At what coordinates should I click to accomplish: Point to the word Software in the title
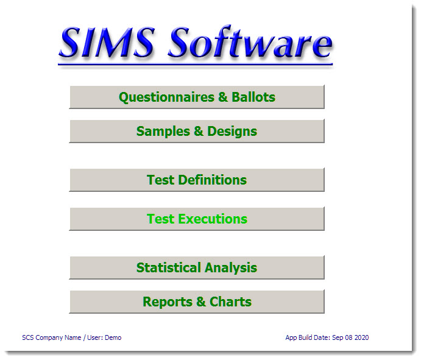250,43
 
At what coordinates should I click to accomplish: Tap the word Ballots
253,97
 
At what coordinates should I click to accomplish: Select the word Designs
232,131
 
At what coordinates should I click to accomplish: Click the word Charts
230,302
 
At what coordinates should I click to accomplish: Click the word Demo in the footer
113,337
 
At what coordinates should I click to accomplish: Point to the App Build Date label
308,337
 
